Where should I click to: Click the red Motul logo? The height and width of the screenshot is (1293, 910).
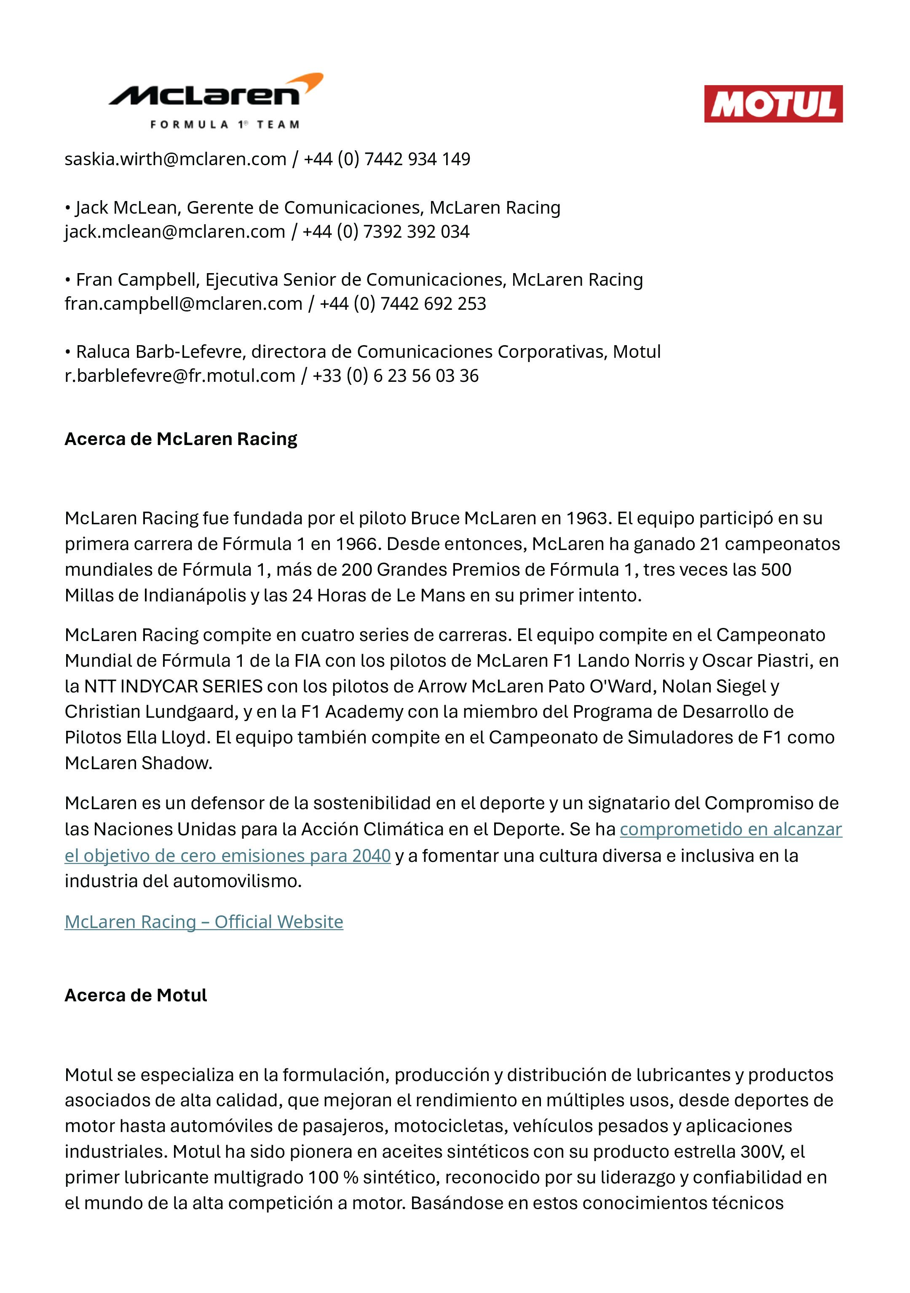[x=773, y=104]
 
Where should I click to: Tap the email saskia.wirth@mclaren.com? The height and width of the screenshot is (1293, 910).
[x=175, y=159]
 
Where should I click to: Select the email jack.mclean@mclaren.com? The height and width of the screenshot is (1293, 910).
[x=174, y=231]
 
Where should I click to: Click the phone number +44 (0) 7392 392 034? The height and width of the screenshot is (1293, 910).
[x=386, y=231]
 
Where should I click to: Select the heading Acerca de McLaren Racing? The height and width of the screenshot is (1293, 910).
[x=181, y=439]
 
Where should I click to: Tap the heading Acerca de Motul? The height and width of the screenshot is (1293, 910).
[x=136, y=995]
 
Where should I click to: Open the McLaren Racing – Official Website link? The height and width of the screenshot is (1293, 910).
[x=204, y=921]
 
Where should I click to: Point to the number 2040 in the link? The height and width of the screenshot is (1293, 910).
[x=371, y=856]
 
